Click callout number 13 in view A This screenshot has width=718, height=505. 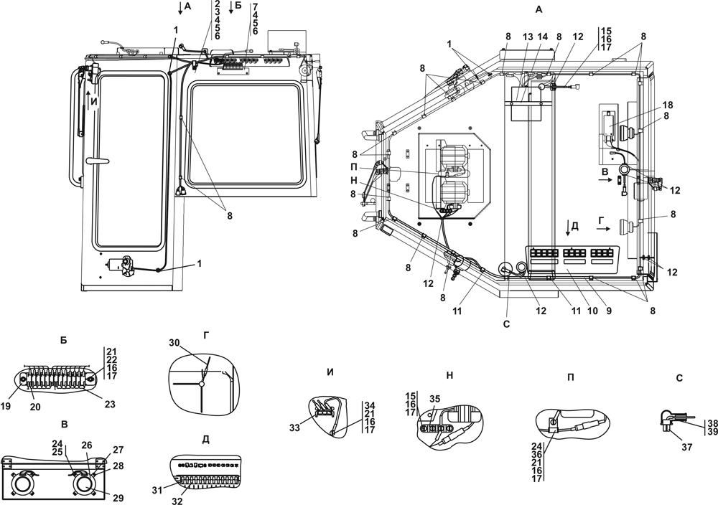pos(528,36)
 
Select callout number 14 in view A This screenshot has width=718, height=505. pos(544,36)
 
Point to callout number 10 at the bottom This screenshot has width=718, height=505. pos(592,311)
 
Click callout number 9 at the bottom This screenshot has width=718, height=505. pos(609,311)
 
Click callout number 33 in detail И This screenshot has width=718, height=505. pos(295,428)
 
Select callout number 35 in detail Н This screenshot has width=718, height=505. pos(435,399)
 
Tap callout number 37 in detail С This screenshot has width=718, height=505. pos(687,447)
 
